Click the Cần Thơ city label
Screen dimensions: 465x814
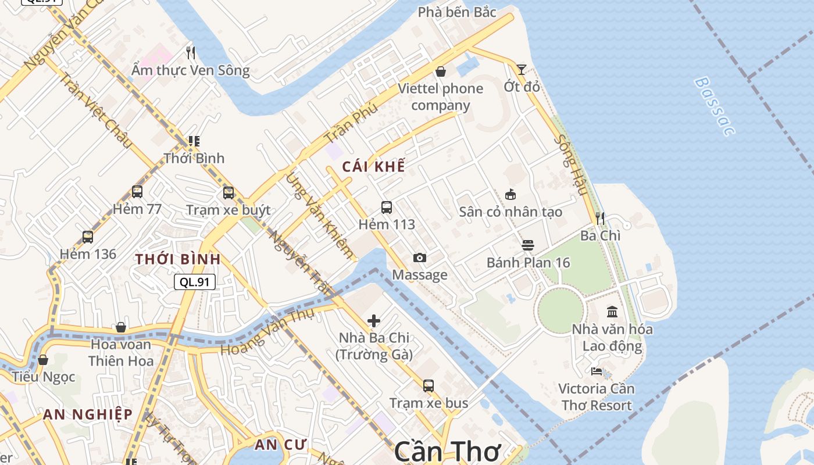point(448,452)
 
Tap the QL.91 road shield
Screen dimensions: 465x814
point(195,282)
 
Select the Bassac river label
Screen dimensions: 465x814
point(714,106)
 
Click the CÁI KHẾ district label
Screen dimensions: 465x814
point(373,167)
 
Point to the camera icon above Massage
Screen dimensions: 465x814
point(419,257)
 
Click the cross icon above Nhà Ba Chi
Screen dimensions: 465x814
point(374,320)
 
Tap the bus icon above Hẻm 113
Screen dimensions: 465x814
point(387,207)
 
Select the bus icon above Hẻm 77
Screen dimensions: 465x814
point(137,191)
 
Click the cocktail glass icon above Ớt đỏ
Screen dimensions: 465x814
point(522,70)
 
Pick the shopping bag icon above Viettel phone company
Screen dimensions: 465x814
point(441,71)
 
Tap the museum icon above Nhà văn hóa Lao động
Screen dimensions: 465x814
point(612,312)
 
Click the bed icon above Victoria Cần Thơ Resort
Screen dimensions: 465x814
point(597,371)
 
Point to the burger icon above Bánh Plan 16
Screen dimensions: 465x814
point(527,245)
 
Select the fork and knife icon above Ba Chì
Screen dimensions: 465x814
point(600,219)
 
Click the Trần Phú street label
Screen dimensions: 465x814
point(351,123)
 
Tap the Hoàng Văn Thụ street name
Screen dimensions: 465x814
point(267,332)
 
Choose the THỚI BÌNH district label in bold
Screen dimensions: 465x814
point(178,259)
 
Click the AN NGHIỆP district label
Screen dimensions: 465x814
point(88,414)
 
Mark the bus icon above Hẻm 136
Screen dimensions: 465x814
point(88,237)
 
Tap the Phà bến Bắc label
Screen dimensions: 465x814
point(457,12)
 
